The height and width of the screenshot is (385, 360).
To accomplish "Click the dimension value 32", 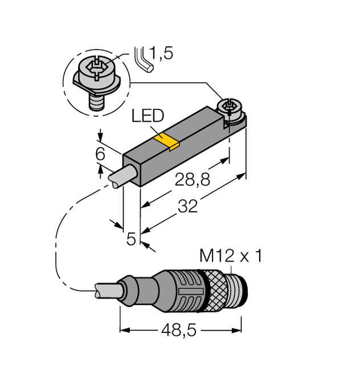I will coord(187,206).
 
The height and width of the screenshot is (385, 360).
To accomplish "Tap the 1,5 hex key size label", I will coord(161,54).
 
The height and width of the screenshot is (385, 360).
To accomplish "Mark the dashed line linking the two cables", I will coord(57,239).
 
